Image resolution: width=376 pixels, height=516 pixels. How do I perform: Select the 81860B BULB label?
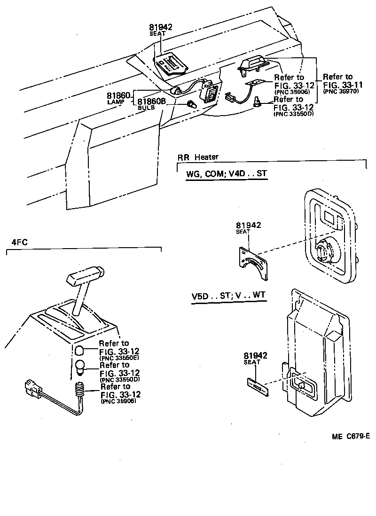click(x=151, y=101)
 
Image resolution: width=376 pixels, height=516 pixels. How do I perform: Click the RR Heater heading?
click(x=198, y=157)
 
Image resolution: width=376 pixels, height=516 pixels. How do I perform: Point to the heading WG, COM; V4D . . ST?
click(x=227, y=173)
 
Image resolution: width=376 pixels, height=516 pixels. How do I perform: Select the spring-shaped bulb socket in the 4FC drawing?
click(x=79, y=389)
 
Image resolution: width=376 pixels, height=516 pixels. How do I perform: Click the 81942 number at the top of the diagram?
click(x=161, y=27)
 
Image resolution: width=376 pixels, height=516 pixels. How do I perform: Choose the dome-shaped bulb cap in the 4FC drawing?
click(x=80, y=350)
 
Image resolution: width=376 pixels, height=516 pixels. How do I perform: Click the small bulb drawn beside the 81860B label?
click(x=192, y=103)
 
